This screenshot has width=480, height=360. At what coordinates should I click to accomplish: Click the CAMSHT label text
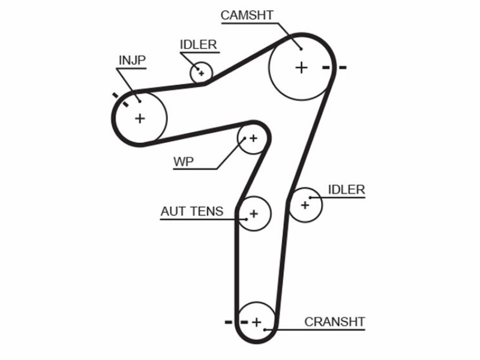[247, 16]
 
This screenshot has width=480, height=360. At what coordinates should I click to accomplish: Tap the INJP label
[132, 61]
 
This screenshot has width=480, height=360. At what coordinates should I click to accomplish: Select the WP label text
[184, 161]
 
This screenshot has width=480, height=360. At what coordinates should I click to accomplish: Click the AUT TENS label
[192, 212]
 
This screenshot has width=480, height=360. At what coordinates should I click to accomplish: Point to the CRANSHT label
[335, 322]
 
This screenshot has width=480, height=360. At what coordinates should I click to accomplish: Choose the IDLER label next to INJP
[199, 44]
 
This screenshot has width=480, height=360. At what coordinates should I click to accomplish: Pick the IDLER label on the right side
[347, 190]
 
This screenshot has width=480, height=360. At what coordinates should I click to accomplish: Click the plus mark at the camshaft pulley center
[301, 67]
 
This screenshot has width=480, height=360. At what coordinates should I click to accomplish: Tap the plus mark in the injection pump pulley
[140, 118]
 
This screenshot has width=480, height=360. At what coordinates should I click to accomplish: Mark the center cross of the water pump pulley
[253, 139]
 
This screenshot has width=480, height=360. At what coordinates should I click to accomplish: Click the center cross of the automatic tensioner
[253, 214]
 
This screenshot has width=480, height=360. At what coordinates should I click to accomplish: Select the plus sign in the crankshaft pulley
[257, 322]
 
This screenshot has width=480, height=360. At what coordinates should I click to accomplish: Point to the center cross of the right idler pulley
[305, 205]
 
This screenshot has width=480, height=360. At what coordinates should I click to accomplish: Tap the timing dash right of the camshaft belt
[342, 67]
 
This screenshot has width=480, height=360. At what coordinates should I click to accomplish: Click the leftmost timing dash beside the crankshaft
[229, 322]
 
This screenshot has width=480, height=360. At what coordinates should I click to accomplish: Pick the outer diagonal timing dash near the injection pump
[115, 95]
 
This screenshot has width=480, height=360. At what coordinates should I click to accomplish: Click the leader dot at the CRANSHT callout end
[265, 329]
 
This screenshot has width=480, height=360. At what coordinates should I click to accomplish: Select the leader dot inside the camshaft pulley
[301, 49]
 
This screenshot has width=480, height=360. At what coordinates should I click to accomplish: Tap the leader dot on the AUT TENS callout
[246, 219]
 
